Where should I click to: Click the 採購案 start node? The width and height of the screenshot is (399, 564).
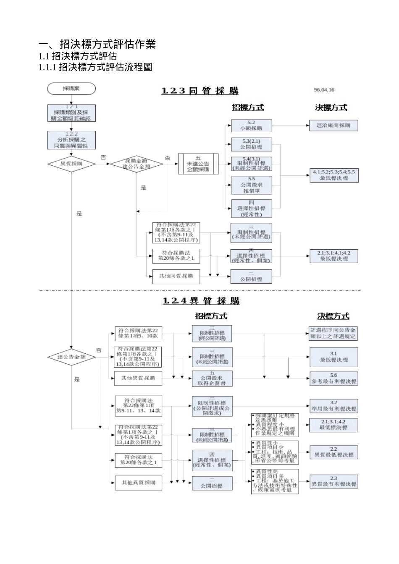[71, 89]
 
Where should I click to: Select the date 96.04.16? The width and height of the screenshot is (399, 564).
[324, 90]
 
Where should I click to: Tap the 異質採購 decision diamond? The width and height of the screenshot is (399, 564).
[71, 164]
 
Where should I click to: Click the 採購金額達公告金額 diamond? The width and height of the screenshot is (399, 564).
[136, 164]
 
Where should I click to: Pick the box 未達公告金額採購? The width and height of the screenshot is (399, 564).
[198, 164]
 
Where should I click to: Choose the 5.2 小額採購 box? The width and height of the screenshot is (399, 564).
[251, 125]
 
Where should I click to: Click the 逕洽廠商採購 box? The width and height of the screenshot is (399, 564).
[333, 125]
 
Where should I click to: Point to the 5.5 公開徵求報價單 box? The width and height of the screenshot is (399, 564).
[251, 185]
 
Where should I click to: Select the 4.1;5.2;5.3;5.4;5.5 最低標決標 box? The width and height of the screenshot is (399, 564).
[333, 175]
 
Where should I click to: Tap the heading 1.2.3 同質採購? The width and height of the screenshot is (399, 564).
[200, 91]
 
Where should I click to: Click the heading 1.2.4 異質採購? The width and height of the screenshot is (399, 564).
[201, 301]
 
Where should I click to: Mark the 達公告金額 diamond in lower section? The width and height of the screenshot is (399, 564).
[71, 357]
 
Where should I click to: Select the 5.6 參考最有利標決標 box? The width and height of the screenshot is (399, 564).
[333, 379]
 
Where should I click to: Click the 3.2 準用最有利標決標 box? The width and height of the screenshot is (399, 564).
[333, 406]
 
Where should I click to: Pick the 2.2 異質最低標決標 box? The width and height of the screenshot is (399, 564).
[333, 452]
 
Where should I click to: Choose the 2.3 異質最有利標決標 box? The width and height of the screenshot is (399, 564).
[333, 481]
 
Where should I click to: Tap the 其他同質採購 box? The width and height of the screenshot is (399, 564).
[176, 276]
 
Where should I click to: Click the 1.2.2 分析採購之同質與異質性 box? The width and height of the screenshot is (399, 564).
[71, 140]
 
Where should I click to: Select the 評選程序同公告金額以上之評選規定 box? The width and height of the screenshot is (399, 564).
[333, 334]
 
